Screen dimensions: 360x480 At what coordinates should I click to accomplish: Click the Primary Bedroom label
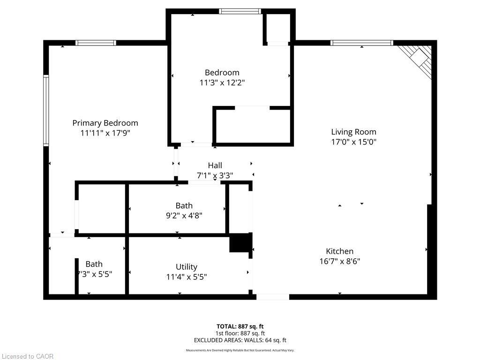[105, 123]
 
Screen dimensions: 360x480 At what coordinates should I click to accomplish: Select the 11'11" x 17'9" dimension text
[105, 133]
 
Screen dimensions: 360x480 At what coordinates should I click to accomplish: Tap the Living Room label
[353, 132]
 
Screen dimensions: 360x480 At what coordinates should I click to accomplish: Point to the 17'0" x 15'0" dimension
[353, 142]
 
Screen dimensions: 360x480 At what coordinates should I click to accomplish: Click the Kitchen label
[339, 251]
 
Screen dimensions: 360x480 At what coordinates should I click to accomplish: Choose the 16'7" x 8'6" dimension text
[339, 262]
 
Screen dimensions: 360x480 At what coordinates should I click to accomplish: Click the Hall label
[215, 165]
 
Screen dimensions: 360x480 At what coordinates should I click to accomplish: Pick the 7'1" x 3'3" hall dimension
[215, 176]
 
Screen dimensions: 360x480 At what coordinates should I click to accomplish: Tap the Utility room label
[186, 267]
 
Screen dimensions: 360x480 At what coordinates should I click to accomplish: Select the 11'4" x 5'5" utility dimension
[186, 277]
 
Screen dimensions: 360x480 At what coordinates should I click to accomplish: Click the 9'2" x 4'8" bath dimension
[184, 216]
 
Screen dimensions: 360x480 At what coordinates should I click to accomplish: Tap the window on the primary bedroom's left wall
[46, 110]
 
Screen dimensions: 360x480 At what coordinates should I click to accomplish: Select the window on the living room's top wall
[361, 43]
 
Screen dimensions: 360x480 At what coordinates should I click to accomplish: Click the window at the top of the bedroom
[240, 11]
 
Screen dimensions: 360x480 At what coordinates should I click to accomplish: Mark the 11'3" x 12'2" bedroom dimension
[222, 82]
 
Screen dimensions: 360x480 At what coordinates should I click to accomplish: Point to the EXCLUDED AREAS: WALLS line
[240, 340]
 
